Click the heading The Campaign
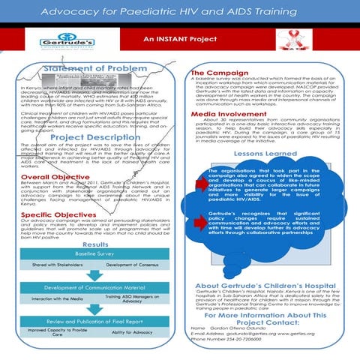point(217,72)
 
